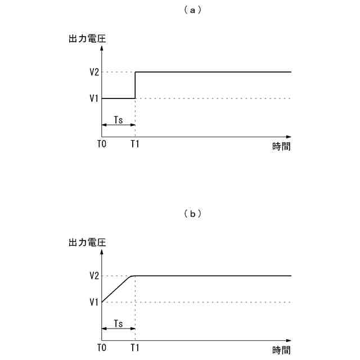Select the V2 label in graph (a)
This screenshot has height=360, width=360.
point(94,72)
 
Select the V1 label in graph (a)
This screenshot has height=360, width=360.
point(94,98)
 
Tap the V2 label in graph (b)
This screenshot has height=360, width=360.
point(94,276)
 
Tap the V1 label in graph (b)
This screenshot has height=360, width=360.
point(94,302)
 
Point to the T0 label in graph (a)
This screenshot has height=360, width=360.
point(101,144)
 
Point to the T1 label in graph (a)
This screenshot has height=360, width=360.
point(135,144)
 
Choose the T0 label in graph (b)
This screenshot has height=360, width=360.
point(101,348)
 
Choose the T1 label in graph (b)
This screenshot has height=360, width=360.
point(135,348)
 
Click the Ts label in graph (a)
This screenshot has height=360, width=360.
point(118,120)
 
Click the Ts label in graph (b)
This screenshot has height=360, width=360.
point(118,323)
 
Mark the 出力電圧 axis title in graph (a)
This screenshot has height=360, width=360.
point(87,39)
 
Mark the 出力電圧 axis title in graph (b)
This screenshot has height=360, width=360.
point(87,243)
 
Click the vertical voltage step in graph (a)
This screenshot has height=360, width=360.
point(135,85)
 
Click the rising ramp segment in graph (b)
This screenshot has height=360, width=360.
point(116,289)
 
